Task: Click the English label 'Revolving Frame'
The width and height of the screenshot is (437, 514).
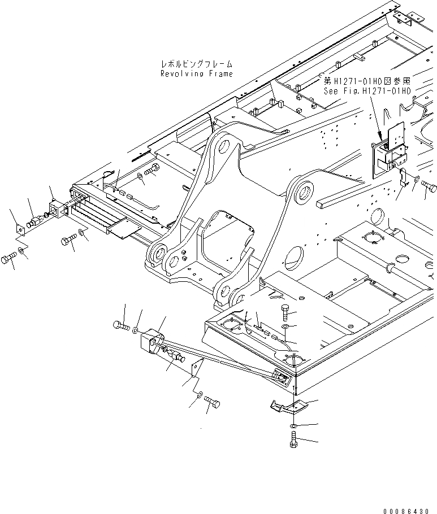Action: pos(196,74)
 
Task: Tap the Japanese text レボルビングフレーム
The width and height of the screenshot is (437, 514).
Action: pos(196,65)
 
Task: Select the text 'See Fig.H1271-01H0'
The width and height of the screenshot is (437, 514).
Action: pos(367,90)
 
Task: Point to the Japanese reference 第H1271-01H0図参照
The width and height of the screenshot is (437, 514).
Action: pos(370,81)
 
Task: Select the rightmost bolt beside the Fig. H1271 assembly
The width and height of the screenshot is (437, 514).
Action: pos(428,185)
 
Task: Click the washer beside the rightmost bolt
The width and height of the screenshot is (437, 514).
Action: pos(416,180)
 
